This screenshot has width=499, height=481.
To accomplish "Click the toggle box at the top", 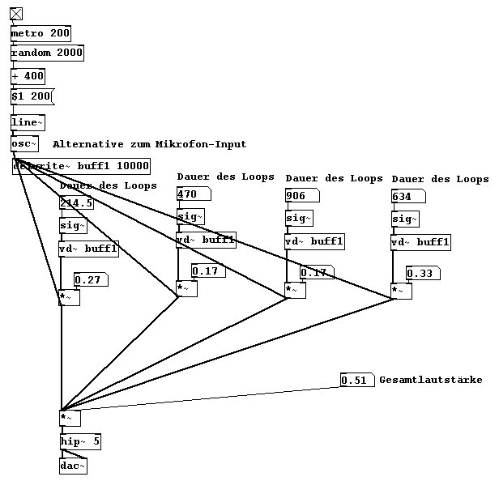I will point(16,13).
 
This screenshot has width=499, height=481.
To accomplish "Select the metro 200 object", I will point(41,33).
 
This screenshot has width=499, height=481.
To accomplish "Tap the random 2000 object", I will point(47,53).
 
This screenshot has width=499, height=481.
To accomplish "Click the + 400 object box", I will point(28,76).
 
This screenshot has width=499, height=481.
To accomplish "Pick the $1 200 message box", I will point(31,96).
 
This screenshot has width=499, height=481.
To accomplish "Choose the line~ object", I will point(28,122).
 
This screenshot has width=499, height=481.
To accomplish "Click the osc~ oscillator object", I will point(24,143).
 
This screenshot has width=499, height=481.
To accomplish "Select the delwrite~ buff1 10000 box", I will point(81,166).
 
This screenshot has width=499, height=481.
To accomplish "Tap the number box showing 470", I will point(193,194).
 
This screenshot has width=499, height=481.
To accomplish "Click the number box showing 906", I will point(301,195).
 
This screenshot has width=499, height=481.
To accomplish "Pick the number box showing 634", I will point(407,196).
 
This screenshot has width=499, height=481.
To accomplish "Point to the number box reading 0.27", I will point(90,280).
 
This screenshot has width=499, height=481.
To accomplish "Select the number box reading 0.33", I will point(423,274).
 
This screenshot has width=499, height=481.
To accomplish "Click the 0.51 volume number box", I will point(356,380).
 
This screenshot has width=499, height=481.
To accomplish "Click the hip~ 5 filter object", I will point(80,442).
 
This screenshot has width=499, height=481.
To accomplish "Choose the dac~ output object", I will point(73,466).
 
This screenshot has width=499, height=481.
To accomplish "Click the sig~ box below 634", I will point(405,219).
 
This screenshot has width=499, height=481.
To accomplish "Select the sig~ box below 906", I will point(299,218).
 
